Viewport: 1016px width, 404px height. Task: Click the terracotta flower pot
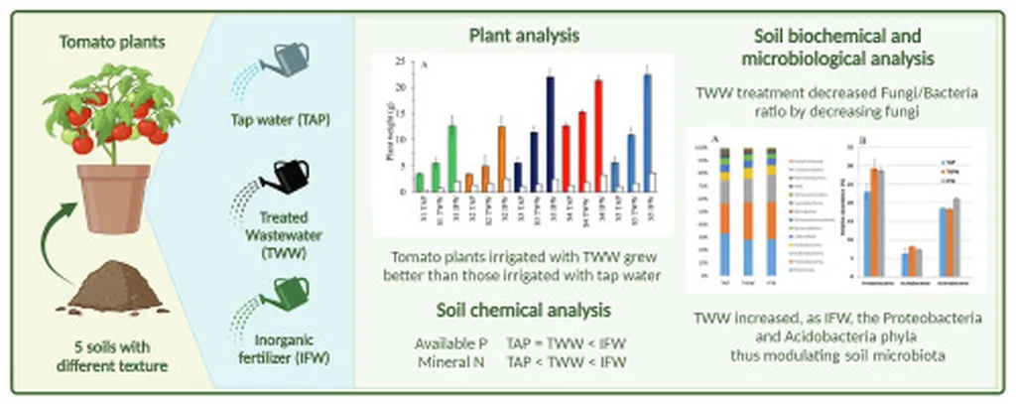click(116, 198)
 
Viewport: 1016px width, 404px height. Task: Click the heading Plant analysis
click(524, 36)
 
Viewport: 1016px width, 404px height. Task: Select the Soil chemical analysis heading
click(524, 309)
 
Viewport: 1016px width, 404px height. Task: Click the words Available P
click(448, 342)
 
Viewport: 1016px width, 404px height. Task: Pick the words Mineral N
click(448, 361)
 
